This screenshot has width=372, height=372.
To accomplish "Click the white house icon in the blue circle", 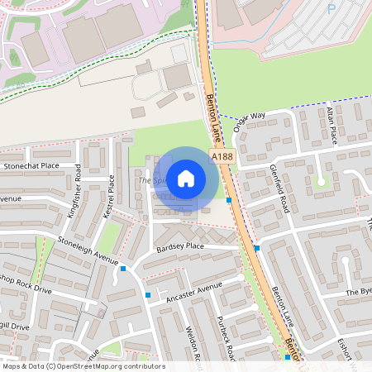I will tap(186, 178).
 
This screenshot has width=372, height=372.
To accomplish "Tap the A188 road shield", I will tap(221, 156).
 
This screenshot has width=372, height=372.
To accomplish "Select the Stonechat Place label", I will tap(32, 165).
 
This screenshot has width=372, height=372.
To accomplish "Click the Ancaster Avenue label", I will tap(194, 291).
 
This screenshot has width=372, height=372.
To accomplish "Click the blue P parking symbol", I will tap(331, 9).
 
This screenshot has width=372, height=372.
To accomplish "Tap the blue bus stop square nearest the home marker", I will tap(229, 200).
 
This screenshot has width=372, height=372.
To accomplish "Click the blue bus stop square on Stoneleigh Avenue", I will tap(123, 268).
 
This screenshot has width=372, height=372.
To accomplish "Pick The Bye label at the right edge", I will tap(359, 292).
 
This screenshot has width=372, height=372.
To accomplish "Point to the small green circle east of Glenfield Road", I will tap(321, 181).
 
